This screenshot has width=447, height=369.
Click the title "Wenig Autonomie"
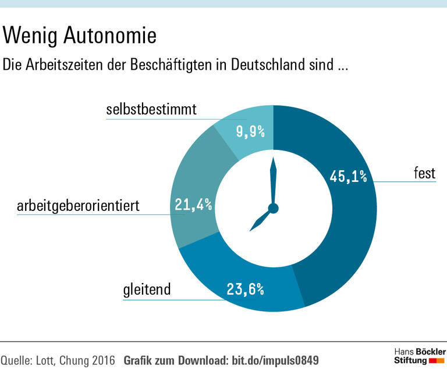tap(80, 36)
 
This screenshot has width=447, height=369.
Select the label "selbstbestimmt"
tap(150, 110)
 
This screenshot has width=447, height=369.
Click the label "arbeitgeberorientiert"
tap(78, 205)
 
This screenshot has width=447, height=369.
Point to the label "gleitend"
tap(147, 289)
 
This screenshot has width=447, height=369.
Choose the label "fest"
tap(424, 173)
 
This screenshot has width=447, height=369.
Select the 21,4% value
tap(193, 205)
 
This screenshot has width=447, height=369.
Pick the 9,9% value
tap(251, 132)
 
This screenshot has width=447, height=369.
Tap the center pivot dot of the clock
tap(273, 208)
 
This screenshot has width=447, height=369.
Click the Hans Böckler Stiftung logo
tap(419, 356)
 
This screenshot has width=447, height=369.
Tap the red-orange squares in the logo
tap(437, 361)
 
